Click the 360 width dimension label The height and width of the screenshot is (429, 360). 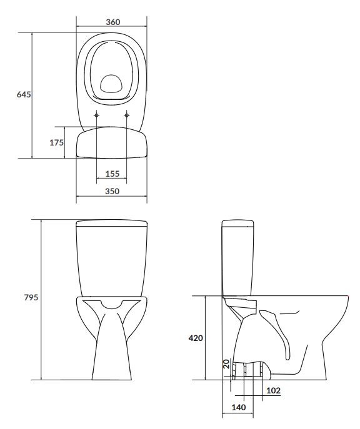pos(112,22)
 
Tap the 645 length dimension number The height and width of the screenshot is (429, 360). pos(24,94)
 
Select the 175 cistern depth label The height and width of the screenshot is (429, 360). pos(56,142)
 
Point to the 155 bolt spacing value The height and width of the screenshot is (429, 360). pos(112,174)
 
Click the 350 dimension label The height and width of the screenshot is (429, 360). pos(112,191)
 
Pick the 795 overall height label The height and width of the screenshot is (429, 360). pos(31,297)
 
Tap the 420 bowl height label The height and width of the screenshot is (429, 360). pos(196,338)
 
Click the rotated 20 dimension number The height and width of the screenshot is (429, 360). pos(226,364)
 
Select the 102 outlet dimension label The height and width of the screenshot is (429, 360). pos(273,390)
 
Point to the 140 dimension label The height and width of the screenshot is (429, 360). pos(239,407)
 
